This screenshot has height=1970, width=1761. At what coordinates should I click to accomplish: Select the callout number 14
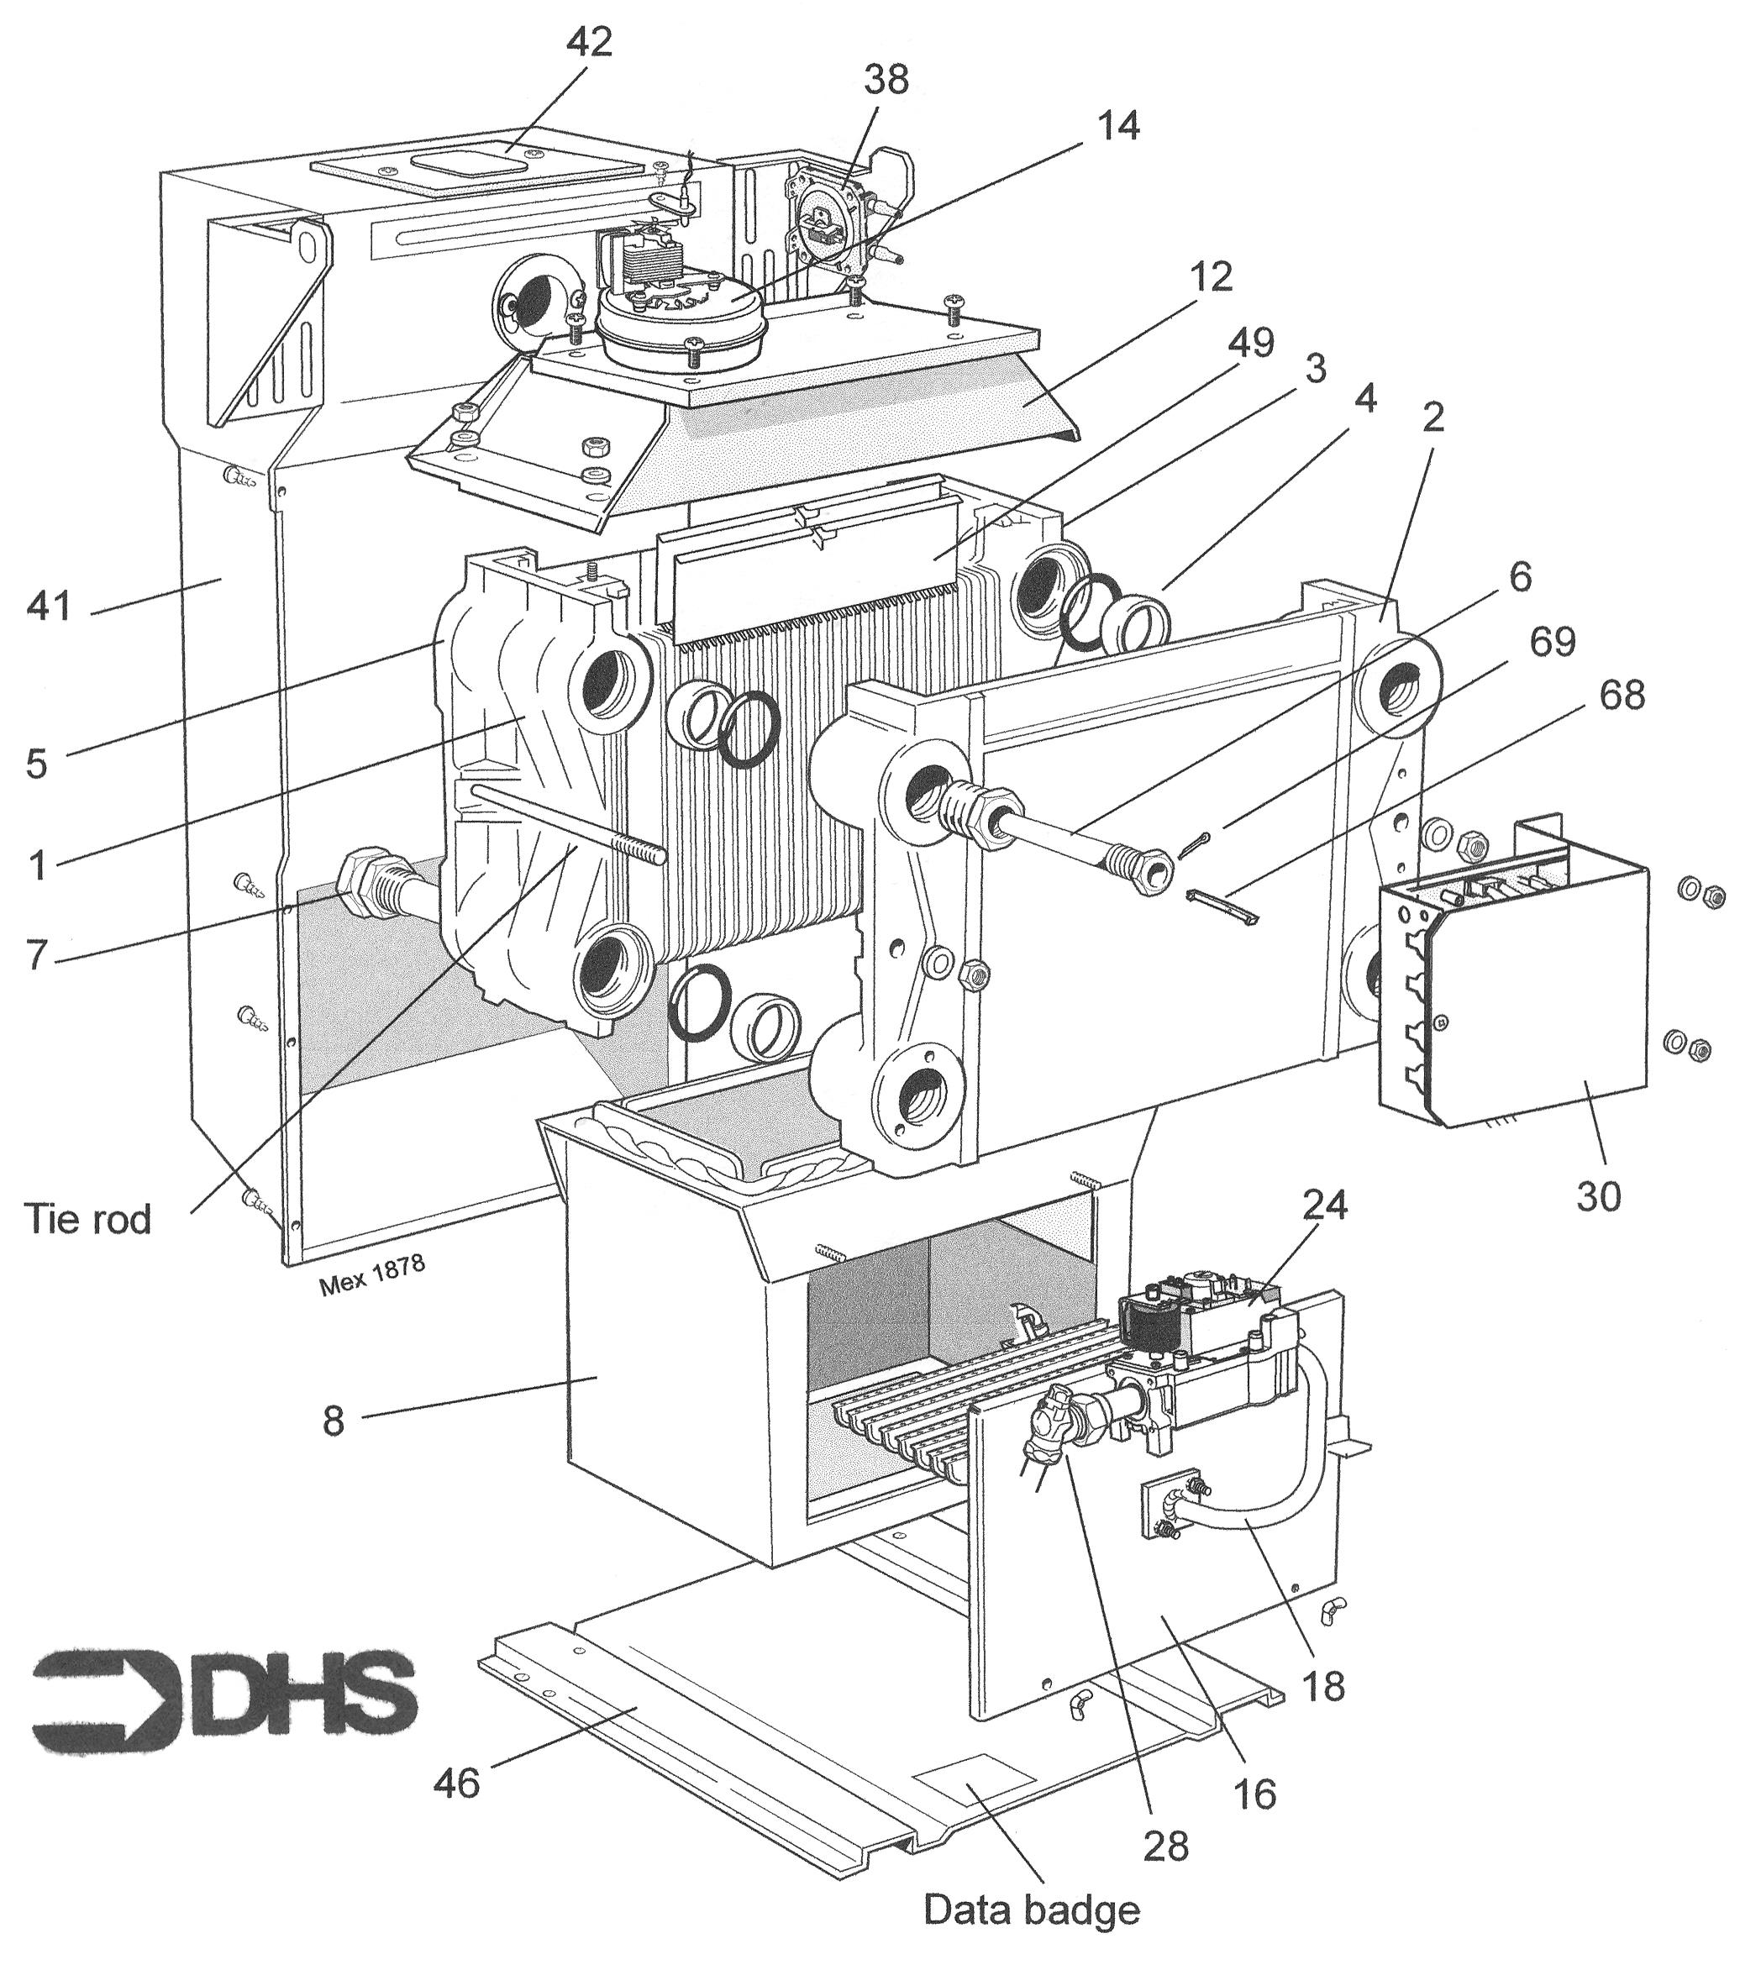tap(1117, 126)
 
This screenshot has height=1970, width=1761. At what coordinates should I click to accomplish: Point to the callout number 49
tap(1251, 342)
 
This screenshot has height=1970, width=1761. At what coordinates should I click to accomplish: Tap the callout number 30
tap(1599, 1197)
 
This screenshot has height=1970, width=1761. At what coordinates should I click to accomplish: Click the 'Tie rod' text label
tap(88, 1220)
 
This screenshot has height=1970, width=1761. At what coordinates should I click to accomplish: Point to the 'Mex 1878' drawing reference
tap(371, 1278)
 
